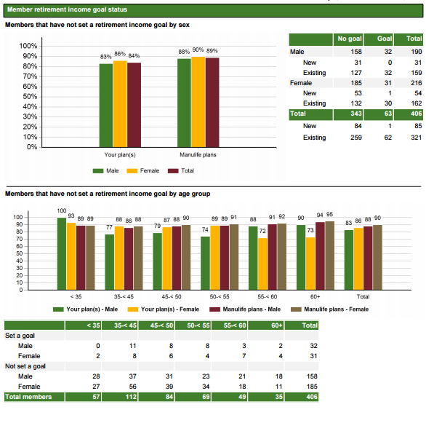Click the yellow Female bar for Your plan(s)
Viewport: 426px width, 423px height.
120,104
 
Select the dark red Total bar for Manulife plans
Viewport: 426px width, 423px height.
212,103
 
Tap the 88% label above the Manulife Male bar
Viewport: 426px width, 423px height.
184,52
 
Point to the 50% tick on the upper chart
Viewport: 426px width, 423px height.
30,97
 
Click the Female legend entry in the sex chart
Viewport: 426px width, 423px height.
143,171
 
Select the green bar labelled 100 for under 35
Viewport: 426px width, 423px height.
62,254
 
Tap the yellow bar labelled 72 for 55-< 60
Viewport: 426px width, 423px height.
262,264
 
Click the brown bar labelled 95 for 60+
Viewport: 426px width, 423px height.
329,256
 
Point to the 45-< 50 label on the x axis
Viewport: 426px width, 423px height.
172,296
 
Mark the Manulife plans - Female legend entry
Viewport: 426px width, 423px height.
329,309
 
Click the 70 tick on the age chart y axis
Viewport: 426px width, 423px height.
20,239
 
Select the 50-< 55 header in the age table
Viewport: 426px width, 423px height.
198,325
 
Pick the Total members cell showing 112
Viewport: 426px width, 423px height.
131,397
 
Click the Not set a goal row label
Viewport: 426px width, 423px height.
25,366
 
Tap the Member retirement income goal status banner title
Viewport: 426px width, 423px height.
67,9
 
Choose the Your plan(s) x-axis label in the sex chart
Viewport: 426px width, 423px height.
120,155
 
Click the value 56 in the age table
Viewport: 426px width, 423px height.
132,387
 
